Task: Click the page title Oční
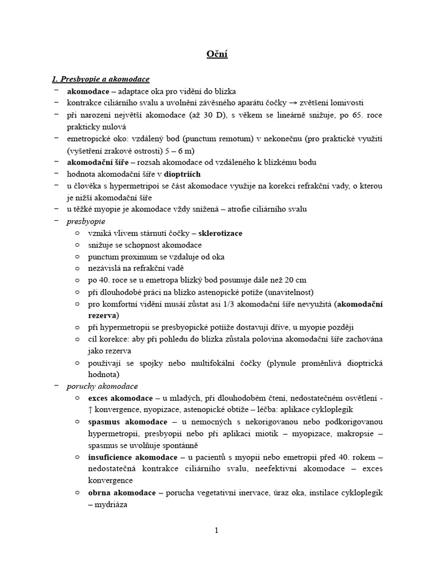point(216,55)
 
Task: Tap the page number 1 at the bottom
point(216,530)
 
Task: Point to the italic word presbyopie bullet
point(86,221)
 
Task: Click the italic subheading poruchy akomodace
point(102,386)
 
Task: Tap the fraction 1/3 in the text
point(224,304)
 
